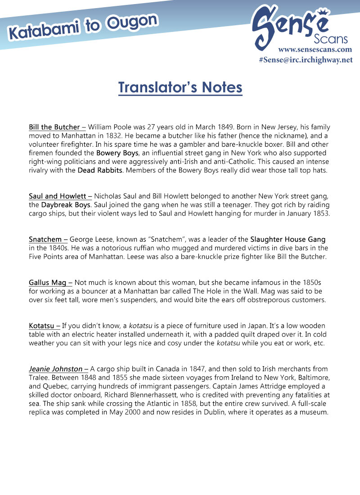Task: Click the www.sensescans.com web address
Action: [315, 49]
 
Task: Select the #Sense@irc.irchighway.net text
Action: [306, 60]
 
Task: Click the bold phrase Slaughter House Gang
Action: [288, 239]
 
